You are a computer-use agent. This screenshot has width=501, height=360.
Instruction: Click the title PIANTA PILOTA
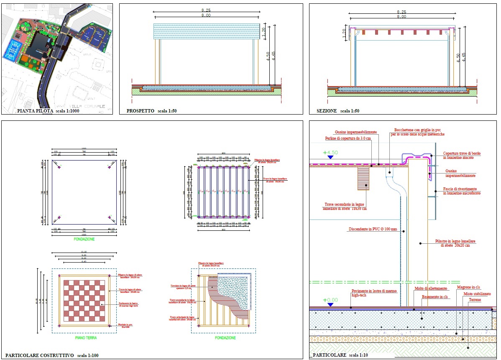35,111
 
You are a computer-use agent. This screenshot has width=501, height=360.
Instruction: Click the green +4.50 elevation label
330,153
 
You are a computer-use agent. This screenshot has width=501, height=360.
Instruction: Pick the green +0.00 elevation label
330,300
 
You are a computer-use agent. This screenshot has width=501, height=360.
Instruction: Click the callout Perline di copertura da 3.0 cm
348,138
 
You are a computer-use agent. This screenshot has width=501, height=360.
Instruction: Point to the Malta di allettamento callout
431,289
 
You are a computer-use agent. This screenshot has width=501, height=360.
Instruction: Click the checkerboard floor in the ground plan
84,301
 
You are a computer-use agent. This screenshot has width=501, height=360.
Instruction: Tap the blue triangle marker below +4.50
330,158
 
